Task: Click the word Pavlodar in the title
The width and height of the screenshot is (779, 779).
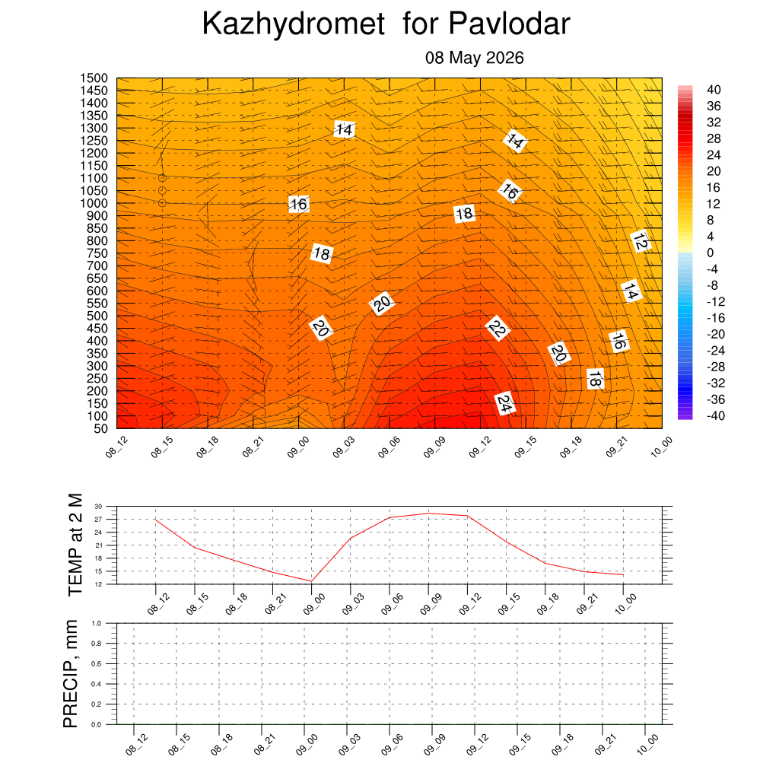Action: click(509, 24)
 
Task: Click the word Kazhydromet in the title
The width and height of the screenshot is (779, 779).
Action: click(293, 24)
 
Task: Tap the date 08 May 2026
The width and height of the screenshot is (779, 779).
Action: click(475, 58)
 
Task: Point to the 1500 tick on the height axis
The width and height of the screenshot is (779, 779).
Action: click(94, 78)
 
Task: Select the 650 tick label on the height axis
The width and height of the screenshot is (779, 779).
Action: click(97, 278)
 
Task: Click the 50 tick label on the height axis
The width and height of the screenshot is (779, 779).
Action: click(101, 429)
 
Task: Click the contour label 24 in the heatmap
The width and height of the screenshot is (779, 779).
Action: click(504, 404)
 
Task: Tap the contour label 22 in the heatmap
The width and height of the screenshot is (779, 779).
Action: click(498, 328)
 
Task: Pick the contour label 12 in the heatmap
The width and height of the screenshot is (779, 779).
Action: click(641, 241)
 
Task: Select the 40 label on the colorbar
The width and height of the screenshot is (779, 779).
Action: click(714, 90)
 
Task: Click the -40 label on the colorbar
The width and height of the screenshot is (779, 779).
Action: click(715, 416)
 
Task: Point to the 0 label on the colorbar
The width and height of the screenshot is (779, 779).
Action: click(710, 253)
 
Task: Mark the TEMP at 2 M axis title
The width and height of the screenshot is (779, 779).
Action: click(75, 545)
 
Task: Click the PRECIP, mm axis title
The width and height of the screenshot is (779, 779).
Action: click(71, 674)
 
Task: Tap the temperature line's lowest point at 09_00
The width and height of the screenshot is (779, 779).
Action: click(311, 581)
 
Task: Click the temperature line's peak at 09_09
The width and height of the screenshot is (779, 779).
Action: click(428, 514)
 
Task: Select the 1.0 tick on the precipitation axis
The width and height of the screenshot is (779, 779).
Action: click(97, 624)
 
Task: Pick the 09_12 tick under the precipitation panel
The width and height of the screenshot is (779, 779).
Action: click(476, 745)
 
